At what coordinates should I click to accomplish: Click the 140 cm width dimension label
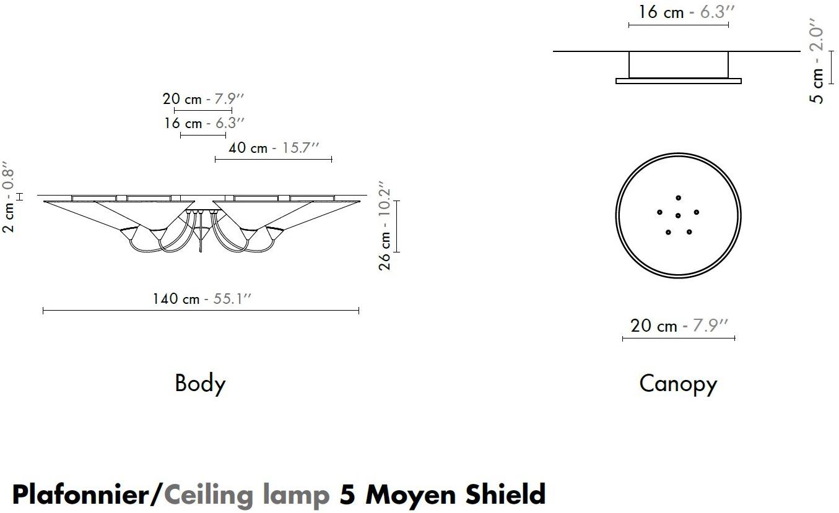(202, 299)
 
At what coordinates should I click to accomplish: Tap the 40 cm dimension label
(274, 148)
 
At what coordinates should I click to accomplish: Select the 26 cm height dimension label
(385, 226)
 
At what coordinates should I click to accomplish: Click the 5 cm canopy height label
(818, 65)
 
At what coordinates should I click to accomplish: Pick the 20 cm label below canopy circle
(678, 325)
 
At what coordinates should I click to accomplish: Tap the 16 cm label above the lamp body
(204, 123)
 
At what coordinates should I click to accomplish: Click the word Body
(200, 384)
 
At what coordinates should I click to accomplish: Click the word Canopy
(678, 384)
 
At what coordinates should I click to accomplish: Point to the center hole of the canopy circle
(678, 215)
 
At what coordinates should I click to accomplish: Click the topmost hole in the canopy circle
(679, 198)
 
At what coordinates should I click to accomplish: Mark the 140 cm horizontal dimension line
(201, 310)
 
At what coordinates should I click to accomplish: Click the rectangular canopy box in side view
(679, 64)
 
